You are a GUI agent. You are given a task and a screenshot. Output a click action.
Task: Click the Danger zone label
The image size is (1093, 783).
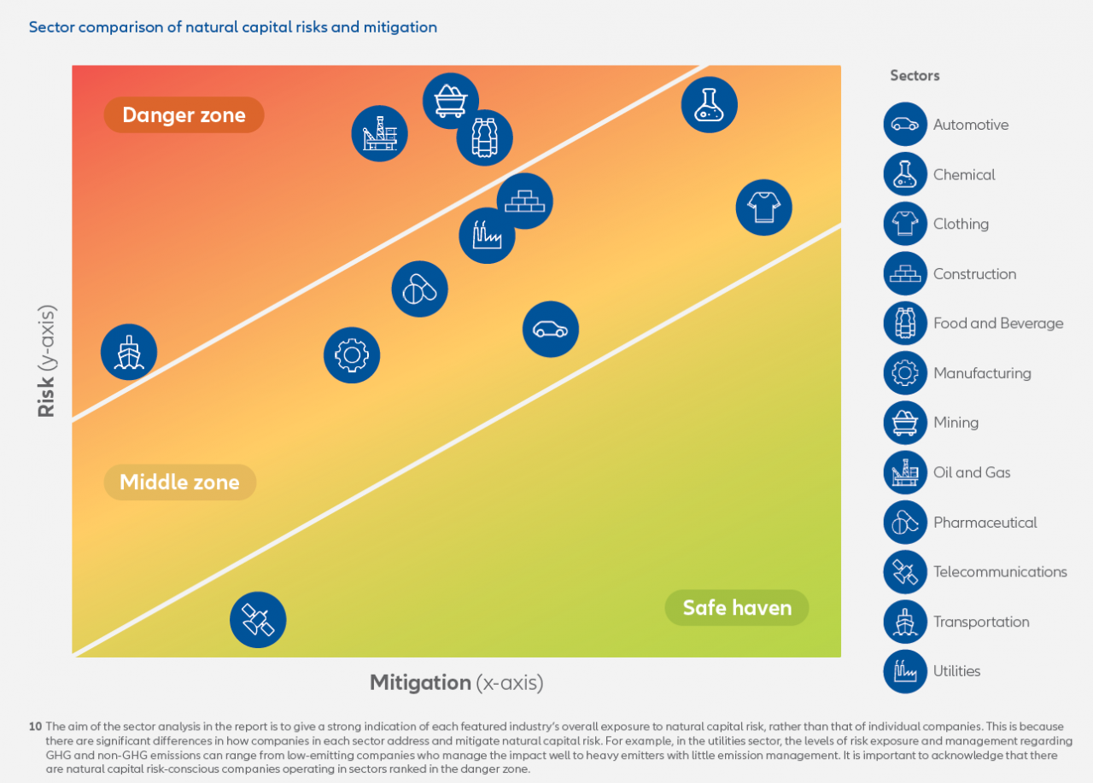[x=184, y=115]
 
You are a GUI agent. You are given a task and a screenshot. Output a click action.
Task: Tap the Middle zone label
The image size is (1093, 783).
[x=179, y=482]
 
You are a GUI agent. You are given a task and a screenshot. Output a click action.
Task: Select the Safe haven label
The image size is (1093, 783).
[x=737, y=608]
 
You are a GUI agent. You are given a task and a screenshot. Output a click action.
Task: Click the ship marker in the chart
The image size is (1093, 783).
[x=129, y=352]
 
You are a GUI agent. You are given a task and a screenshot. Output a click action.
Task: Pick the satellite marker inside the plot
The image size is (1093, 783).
[x=258, y=620]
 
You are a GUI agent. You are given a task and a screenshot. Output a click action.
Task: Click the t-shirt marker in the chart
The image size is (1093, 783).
[x=764, y=207]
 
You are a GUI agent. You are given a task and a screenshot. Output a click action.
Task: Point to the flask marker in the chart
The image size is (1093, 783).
[x=710, y=105]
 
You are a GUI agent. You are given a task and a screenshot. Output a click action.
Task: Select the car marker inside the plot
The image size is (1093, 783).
[x=551, y=330]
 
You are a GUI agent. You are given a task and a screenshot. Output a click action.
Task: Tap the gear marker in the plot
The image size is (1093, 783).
[x=352, y=355]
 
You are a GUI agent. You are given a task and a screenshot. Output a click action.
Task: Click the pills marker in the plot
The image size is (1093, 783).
[x=420, y=289]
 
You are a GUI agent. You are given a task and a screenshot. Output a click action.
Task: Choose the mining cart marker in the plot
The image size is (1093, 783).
[x=451, y=101]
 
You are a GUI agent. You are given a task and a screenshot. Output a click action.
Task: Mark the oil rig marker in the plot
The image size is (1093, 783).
[x=380, y=134]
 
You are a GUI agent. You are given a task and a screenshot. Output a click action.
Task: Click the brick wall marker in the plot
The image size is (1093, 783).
[x=525, y=202]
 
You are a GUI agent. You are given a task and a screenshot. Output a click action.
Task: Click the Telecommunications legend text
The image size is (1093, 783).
[x=1000, y=572]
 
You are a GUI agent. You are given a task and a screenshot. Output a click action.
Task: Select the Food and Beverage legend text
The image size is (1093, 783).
[x=998, y=324]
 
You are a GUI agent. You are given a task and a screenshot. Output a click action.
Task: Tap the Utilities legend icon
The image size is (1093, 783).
[x=905, y=671]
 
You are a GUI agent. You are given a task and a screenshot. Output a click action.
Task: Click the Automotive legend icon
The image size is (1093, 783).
[x=905, y=125]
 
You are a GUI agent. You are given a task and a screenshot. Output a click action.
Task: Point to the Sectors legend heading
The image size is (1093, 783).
[x=915, y=75]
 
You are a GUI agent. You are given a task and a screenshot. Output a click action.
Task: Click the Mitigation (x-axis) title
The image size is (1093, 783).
[x=456, y=682]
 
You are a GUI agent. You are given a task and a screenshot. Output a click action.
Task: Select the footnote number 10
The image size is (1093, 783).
[x=35, y=727]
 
